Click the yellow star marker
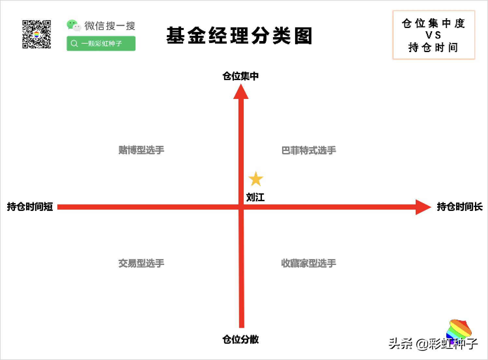256,179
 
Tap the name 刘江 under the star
255,197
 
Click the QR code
36,34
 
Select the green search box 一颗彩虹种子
101,44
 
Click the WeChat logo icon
74,25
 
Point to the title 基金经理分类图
239,35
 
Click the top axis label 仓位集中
240,76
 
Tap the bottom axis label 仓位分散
240,339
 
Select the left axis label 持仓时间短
30,207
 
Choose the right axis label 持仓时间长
460,207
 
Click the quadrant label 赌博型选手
141,150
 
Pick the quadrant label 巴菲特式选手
309,150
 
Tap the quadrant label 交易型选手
141,263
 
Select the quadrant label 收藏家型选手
309,263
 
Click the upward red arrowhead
241,92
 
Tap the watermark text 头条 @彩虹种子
433,343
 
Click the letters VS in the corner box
433,35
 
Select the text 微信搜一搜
110,26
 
